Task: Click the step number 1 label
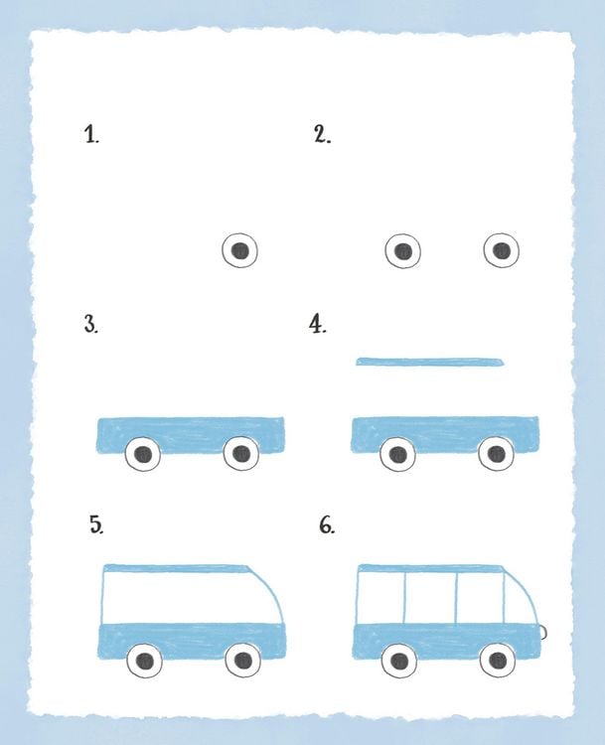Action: [91, 134]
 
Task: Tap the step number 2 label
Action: [322, 134]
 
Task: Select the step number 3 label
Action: [91, 325]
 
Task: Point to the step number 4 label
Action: [318, 325]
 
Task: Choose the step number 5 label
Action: [96, 525]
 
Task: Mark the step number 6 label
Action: [327, 525]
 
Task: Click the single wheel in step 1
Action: [240, 250]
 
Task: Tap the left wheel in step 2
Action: [403, 251]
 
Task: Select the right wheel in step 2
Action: [502, 250]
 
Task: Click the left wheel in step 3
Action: [143, 454]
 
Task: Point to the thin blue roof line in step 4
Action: [430, 362]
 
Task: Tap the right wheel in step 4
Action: [496, 453]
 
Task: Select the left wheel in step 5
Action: [145, 661]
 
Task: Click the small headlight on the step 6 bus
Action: [543, 632]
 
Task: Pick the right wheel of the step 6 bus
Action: [498, 660]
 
